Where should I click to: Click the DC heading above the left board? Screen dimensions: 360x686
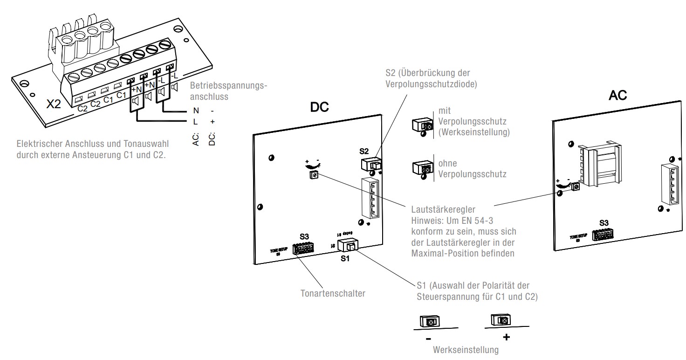(x=320, y=107)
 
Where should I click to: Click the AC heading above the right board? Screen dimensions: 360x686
(x=617, y=96)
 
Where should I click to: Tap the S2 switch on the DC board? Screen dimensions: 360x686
(x=371, y=164)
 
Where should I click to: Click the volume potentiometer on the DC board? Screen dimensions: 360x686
(x=314, y=175)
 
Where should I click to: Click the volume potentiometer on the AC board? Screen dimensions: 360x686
(x=576, y=187)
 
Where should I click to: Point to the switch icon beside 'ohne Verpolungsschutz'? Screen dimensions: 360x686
(x=422, y=168)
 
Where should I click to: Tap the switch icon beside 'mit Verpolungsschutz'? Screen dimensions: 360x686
(x=422, y=125)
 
